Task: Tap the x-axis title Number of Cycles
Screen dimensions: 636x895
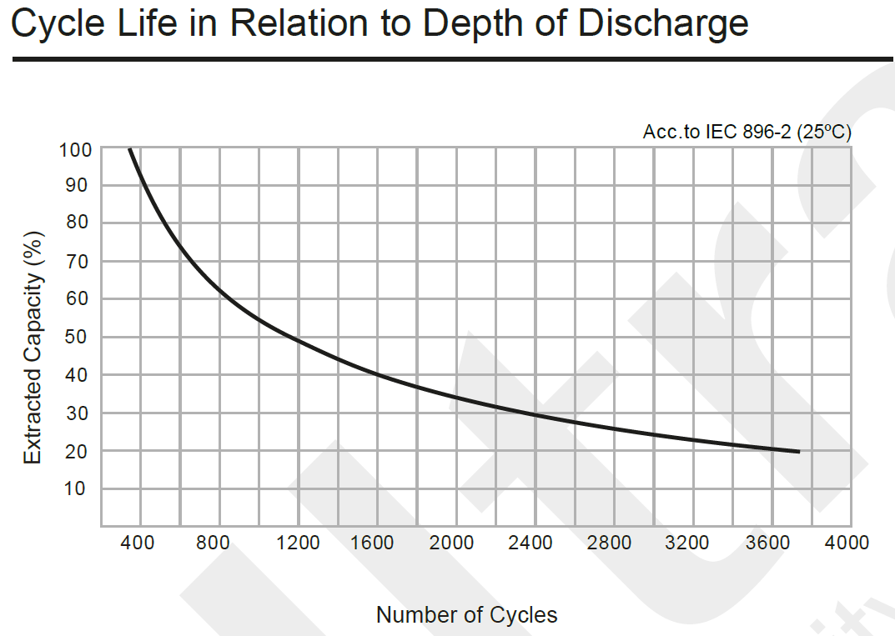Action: (x=466, y=615)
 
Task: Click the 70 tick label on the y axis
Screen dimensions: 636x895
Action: (x=76, y=262)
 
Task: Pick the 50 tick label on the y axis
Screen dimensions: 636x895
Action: (x=76, y=338)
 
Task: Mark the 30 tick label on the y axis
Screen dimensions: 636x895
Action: (x=76, y=413)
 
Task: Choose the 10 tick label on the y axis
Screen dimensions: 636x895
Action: (x=76, y=488)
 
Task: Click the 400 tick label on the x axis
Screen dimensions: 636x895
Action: (x=138, y=543)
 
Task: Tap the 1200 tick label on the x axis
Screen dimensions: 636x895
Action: (x=297, y=543)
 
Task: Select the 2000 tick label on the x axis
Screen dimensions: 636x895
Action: (x=452, y=543)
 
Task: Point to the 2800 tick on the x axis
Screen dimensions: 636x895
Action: (x=610, y=543)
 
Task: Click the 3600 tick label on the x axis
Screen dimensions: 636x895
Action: (x=768, y=543)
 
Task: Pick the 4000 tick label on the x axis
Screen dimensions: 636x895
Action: (x=847, y=543)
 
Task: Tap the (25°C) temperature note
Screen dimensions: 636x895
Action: (x=824, y=133)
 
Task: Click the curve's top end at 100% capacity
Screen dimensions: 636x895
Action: (x=130, y=150)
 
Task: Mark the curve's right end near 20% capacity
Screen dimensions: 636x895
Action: (x=798, y=452)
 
